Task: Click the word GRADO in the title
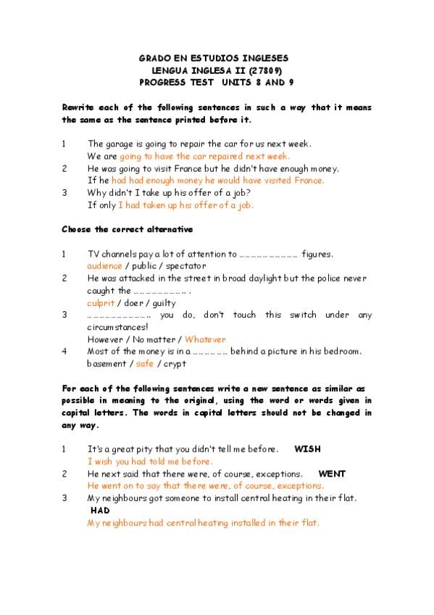[x=154, y=57]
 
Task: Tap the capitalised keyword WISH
[x=306, y=449]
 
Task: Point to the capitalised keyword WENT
[x=332, y=474]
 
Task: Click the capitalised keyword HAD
[x=100, y=510]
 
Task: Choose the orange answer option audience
[x=104, y=266]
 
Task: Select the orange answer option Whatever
[x=205, y=339]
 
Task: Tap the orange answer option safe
[x=145, y=363]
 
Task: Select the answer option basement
[x=107, y=363]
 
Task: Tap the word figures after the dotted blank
[x=317, y=254]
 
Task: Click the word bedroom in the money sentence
[x=341, y=351]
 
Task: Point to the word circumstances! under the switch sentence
[x=117, y=326]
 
